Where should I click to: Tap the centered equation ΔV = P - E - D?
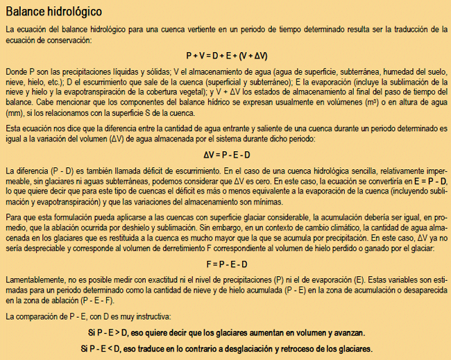coord(226,155)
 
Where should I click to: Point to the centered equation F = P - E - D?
coord(226,264)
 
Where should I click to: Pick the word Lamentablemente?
coord(35,279)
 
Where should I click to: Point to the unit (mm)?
coord(15,113)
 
